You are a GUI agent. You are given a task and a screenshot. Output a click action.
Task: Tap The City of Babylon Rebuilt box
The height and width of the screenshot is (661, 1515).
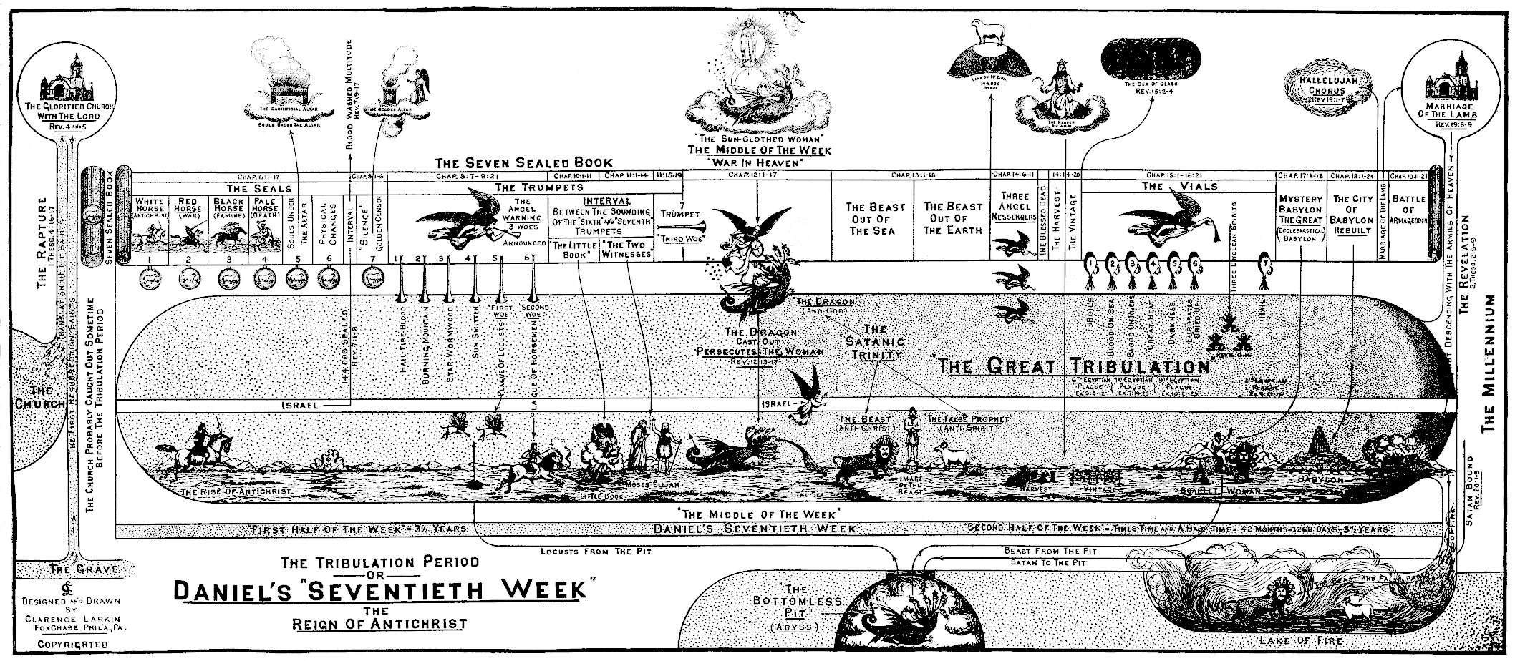(1351, 215)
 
